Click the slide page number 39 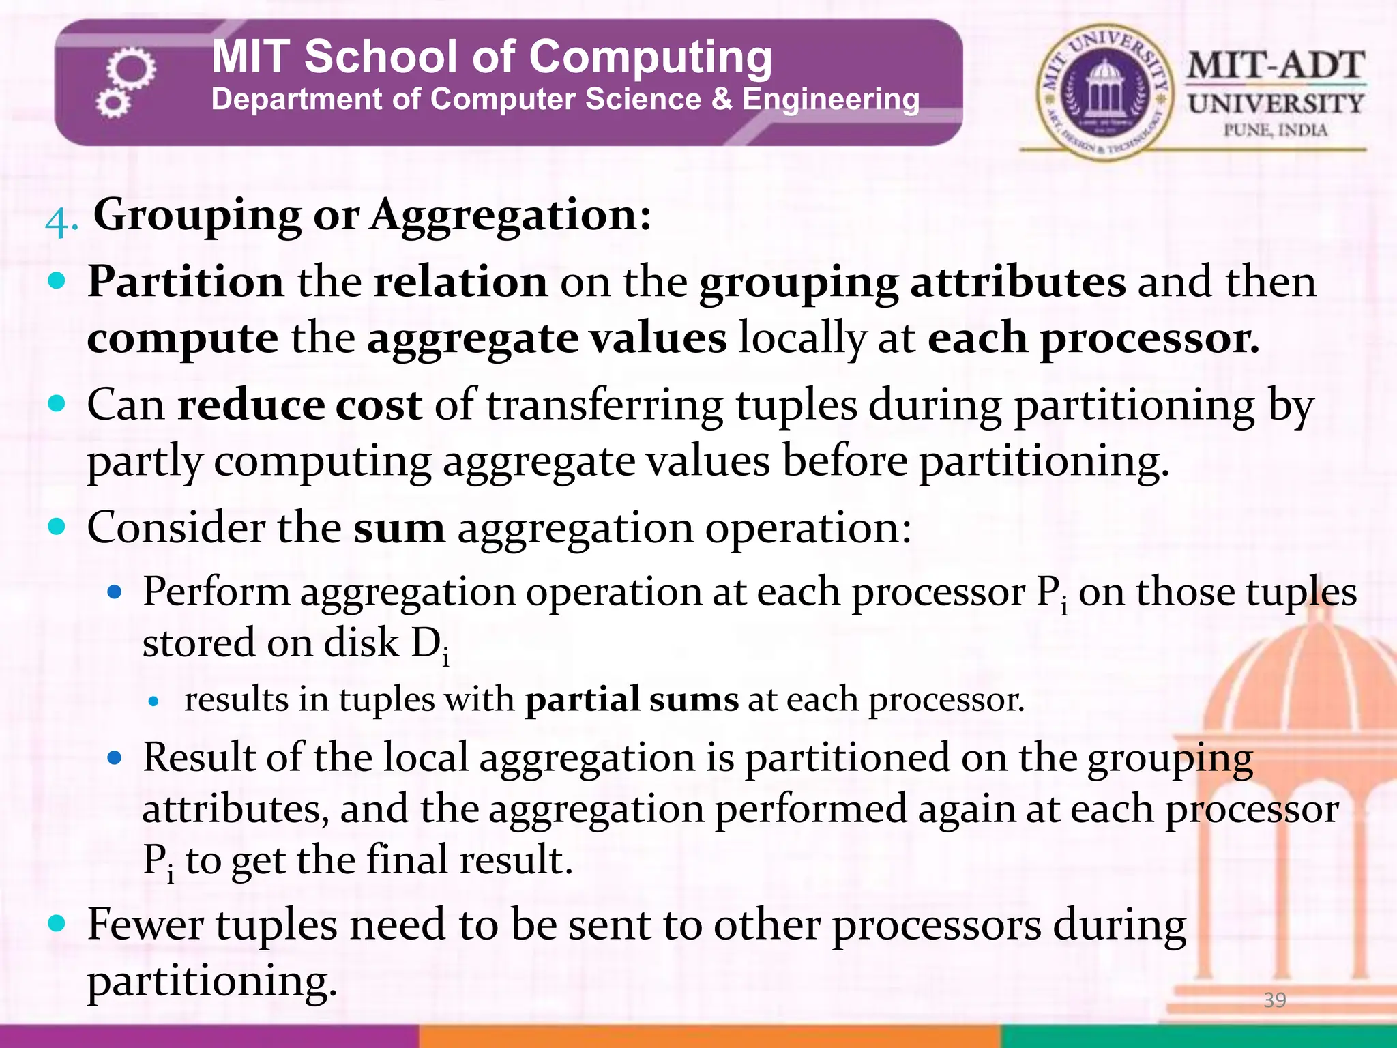(x=1274, y=1000)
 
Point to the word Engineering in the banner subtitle (x=830, y=100)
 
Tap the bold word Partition (x=186, y=282)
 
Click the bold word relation (x=460, y=282)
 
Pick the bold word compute (x=183, y=338)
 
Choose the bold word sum (x=398, y=528)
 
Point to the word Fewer (x=145, y=925)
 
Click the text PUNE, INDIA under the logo (x=1275, y=130)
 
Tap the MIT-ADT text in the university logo (x=1275, y=67)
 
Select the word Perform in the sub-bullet (x=216, y=591)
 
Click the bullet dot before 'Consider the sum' (x=57, y=527)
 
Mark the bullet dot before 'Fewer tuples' (x=57, y=924)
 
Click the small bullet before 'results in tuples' (x=153, y=701)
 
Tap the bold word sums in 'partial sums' (x=694, y=700)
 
